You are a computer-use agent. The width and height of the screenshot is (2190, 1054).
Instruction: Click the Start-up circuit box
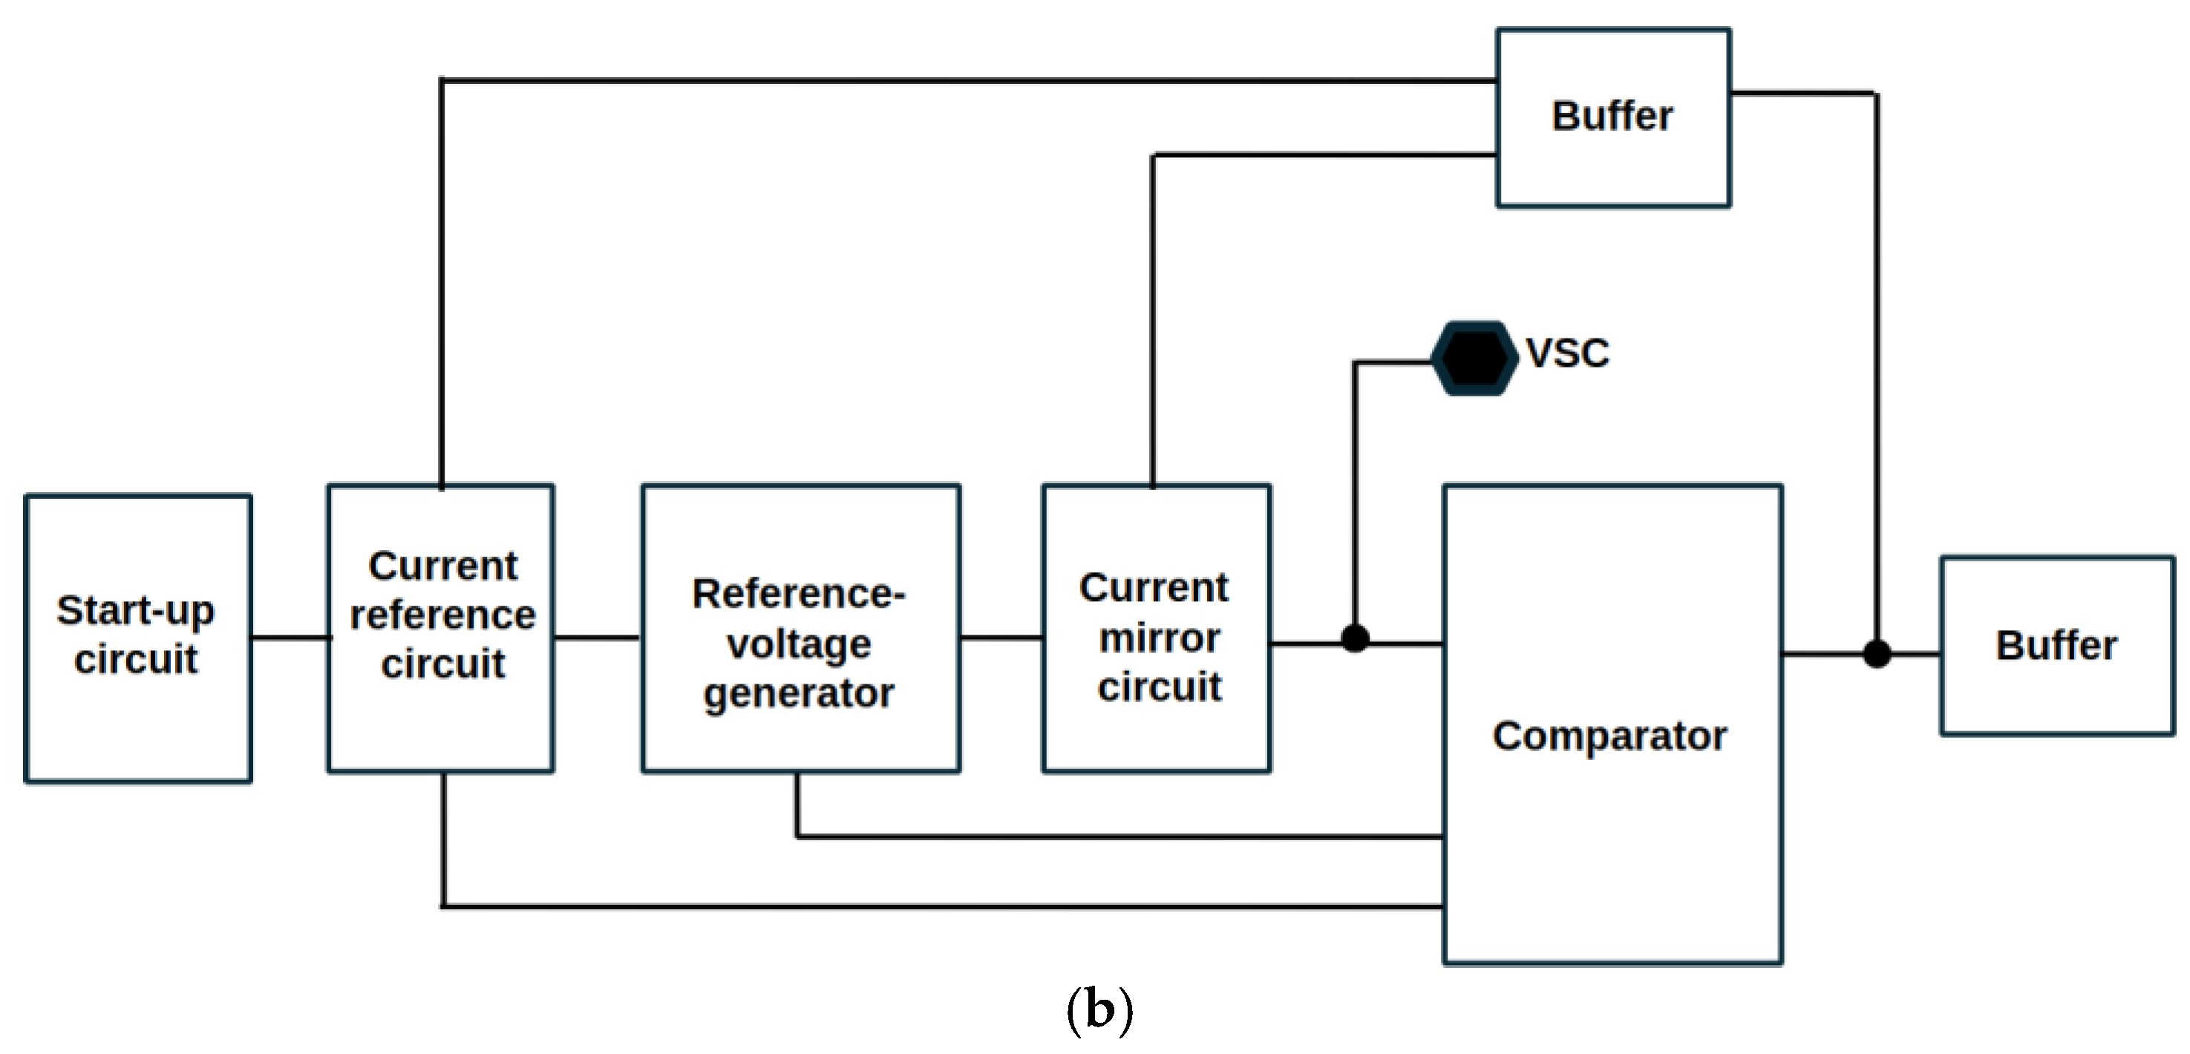tap(138, 638)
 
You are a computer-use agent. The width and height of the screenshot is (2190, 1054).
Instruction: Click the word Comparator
tap(1609, 736)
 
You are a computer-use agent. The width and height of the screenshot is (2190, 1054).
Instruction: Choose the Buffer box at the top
tap(1612, 117)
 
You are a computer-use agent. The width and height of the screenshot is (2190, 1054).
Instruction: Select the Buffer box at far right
tap(2056, 645)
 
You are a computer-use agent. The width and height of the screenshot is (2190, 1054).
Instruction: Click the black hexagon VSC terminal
tap(1474, 358)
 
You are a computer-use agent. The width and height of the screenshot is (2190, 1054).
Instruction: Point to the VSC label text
tap(1567, 353)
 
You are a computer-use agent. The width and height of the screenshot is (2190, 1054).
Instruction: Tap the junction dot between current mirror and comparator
tap(1355, 638)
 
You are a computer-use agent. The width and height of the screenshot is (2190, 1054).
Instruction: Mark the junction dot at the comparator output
tap(1877, 654)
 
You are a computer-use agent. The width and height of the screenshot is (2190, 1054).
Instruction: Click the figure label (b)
tap(1099, 1009)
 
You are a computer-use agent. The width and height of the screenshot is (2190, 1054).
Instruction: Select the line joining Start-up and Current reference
tap(290, 637)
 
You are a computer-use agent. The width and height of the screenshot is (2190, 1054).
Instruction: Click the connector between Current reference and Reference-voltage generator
tap(598, 637)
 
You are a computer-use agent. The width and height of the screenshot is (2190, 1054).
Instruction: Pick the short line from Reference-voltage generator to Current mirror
tap(1001, 637)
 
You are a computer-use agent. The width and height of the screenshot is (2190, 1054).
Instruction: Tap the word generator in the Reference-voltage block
tap(798, 693)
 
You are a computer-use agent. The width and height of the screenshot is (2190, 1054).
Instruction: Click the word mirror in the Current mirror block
tap(1159, 638)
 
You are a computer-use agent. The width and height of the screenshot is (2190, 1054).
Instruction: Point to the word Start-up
tap(135, 610)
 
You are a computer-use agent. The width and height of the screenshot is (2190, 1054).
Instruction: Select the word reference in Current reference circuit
tap(443, 615)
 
